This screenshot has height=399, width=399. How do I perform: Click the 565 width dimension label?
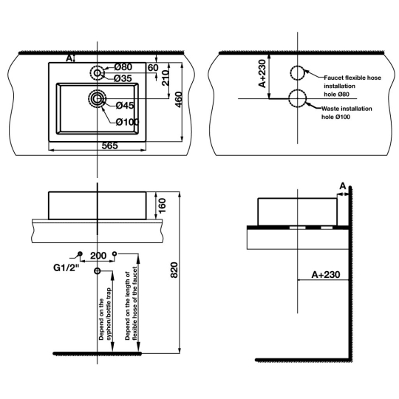point(109,146)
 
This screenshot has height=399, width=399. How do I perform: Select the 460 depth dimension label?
point(179,100)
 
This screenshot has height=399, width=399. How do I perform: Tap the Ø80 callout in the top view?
point(123,67)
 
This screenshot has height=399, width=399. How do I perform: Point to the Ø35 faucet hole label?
point(123,78)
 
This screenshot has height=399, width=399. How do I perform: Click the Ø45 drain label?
point(125,106)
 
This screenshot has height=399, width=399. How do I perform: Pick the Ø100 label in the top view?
point(128,122)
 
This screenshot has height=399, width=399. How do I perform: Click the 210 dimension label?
point(166,78)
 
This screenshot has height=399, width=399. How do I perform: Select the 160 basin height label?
point(162,205)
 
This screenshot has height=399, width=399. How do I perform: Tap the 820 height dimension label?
point(174,270)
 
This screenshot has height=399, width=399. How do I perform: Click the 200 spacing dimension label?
point(98,256)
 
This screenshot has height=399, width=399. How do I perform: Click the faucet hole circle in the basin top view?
point(98,73)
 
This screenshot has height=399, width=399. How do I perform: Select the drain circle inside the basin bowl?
point(97,98)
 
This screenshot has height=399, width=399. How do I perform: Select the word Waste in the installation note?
point(330,109)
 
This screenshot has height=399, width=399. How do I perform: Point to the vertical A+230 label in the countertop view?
point(262,74)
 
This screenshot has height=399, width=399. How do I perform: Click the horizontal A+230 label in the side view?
point(326,275)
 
